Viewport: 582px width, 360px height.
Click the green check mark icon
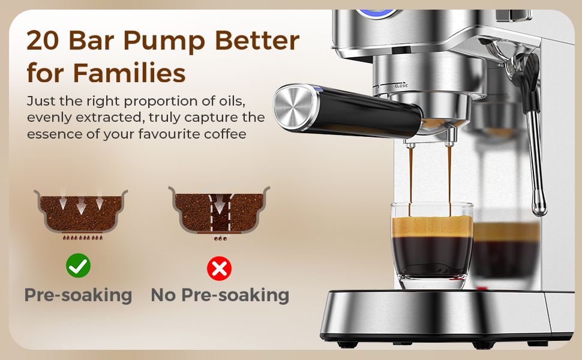tap(78, 265)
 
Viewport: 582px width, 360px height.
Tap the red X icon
tap(220, 268)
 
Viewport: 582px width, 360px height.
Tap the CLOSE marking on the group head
tap(401, 86)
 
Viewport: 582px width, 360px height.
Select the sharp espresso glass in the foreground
tap(431, 245)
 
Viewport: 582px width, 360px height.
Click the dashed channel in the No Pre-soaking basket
tap(220, 214)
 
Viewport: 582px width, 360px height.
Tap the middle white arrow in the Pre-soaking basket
tap(81, 205)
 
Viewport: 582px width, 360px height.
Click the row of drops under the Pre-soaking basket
tap(82, 238)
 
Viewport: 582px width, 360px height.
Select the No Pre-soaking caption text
tap(220, 296)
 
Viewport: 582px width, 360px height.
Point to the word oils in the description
tap(231, 101)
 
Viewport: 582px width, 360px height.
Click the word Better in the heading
tap(257, 40)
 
